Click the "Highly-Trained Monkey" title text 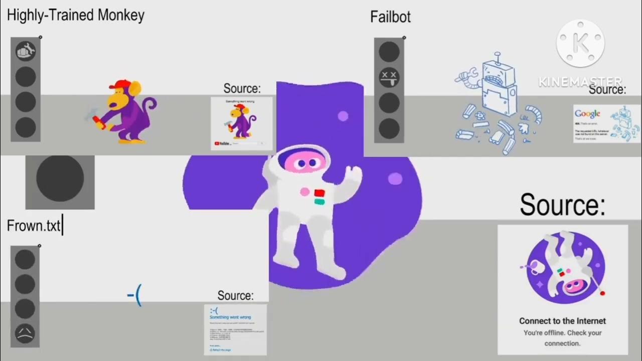pyautogui.click(x=76, y=15)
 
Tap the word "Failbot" pyautogui.click(x=390, y=17)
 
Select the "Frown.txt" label pyautogui.click(x=34, y=226)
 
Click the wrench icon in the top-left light pyautogui.click(x=26, y=51)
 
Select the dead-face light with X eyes pyautogui.click(x=389, y=77)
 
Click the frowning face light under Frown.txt pyautogui.click(x=25, y=333)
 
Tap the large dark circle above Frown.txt pyautogui.click(x=60, y=182)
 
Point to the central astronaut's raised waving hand pyautogui.click(x=354, y=174)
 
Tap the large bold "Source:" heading pyautogui.click(x=562, y=205)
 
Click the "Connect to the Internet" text pyautogui.click(x=562, y=321)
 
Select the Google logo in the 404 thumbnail pyautogui.click(x=587, y=114)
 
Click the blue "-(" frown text pyautogui.click(x=134, y=296)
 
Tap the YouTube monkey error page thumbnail pyautogui.click(x=242, y=123)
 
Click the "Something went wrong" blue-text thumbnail pyautogui.click(x=235, y=329)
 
